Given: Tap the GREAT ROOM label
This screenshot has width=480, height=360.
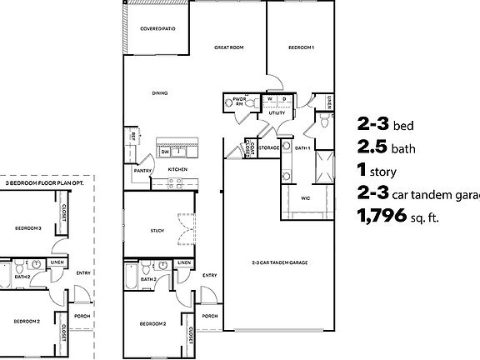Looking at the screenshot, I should pyautogui.click(x=228, y=47).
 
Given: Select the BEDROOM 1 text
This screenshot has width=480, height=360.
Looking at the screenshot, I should pyautogui.click(x=300, y=47).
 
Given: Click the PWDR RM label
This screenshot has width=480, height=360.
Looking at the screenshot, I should pyautogui.click(x=239, y=102).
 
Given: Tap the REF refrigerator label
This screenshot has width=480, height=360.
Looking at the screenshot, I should pyautogui.click(x=132, y=135).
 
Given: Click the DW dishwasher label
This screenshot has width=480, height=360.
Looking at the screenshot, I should pyautogui.click(x=165, y=152).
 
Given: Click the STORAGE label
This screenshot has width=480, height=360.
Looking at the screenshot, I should pyautogui.click(x=268, y=147).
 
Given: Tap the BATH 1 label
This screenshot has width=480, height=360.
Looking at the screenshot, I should pyautogui.click(x=302, y=147).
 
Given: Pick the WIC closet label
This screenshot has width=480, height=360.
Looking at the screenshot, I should pyautogui.click(x=306, y=197).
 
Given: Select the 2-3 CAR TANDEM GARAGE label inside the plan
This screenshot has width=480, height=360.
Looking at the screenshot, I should pyautogui.click(x=279, y=262).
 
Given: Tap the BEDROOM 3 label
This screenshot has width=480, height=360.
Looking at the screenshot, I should pyautogui.click(x=30, y=227).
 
